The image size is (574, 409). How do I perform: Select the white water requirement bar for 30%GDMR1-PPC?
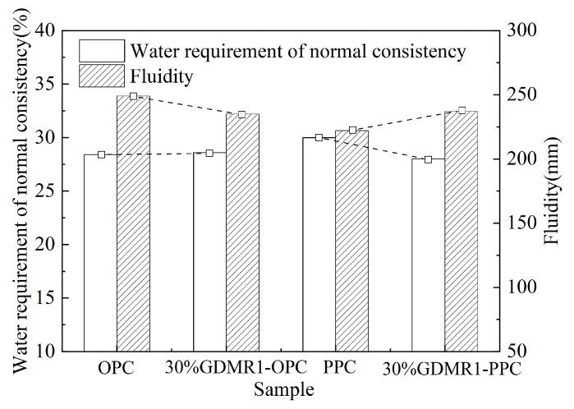tap(428, 255)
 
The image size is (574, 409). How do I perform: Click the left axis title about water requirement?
tap(16, 191)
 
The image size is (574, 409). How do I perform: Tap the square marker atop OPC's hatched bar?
tap(133, 96)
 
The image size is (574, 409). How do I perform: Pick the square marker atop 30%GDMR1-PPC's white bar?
tap(428, 159)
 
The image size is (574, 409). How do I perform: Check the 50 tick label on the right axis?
tap(519, 352)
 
